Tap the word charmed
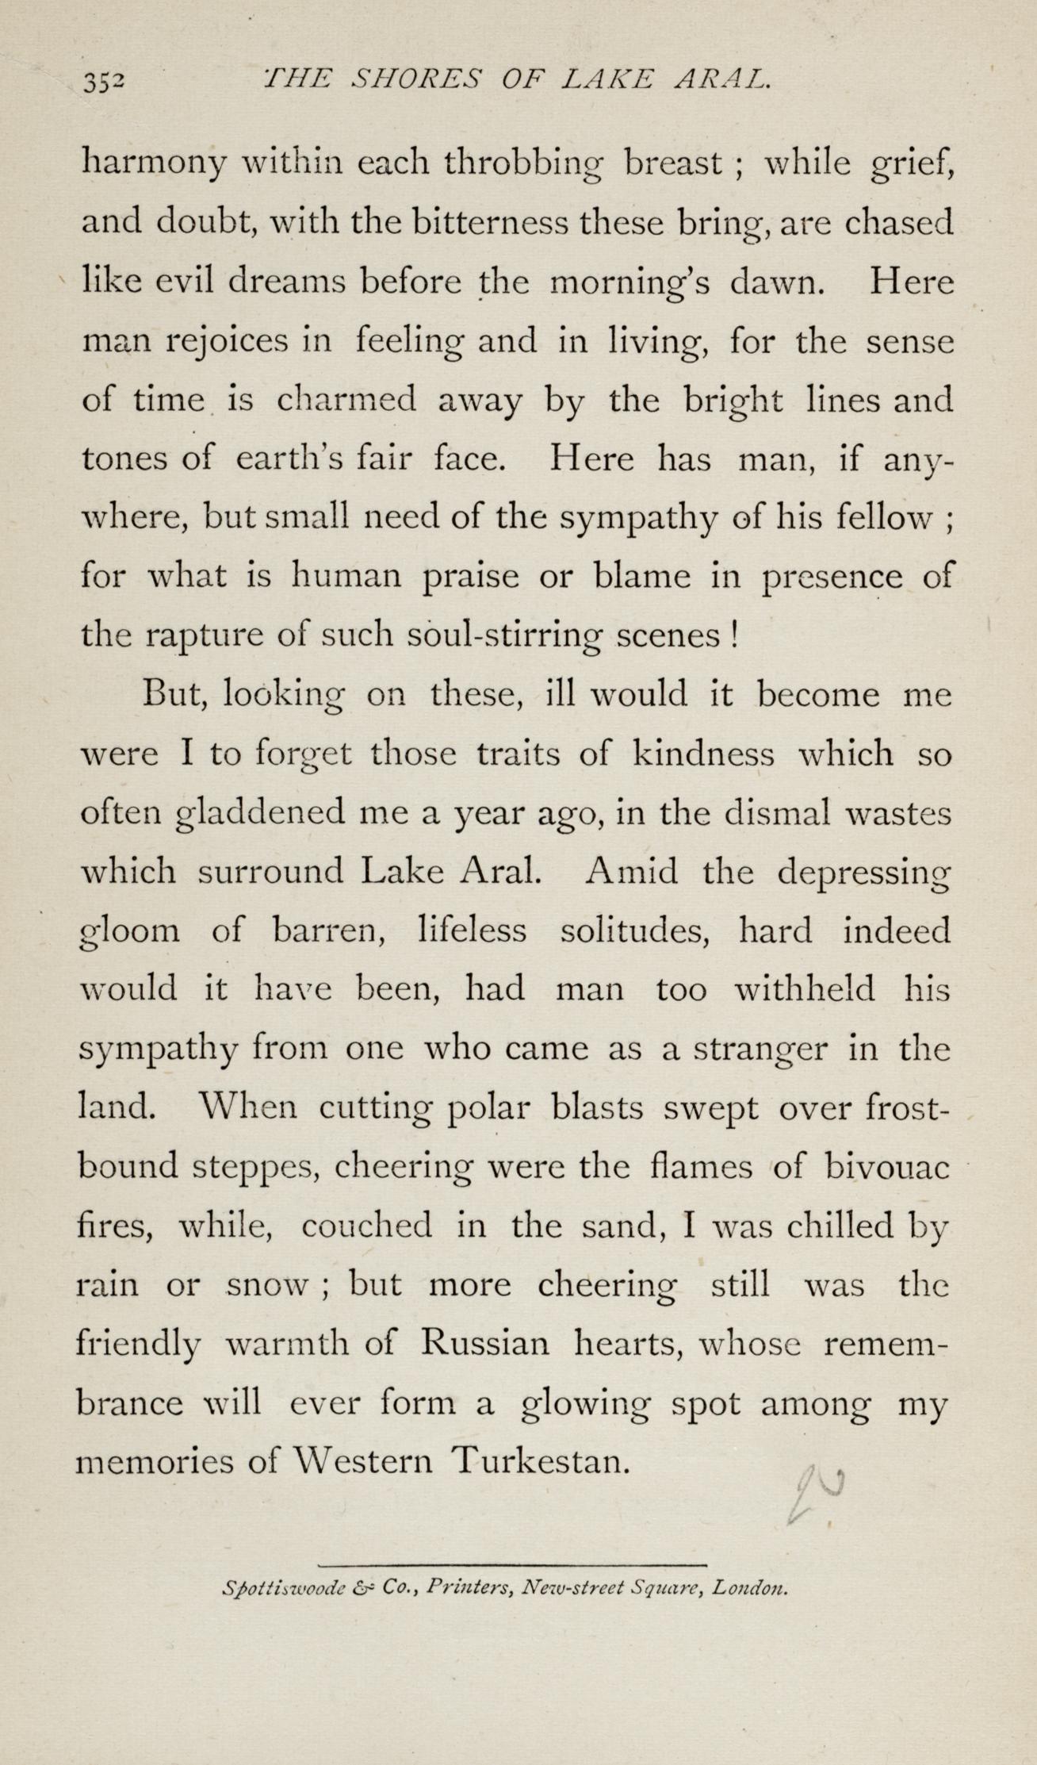pos(346,401)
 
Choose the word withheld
pos(805,989)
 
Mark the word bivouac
pos(886,1167)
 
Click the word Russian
pos(484,1344)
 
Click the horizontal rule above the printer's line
pos(511,1564)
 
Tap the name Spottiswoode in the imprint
pos(286,1589)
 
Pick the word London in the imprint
pos(748,1589)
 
